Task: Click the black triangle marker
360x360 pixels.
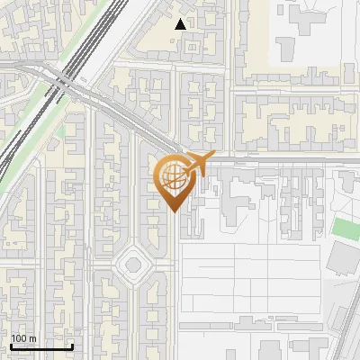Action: pyautogui.click(x=181, y=24)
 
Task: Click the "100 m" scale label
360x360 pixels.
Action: pyautogui.click(x=23, y=338)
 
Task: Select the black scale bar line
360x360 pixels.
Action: pyautogui.click(x=41, y=346)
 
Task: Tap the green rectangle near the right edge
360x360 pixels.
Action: pyautogui.click(x=346, y=228)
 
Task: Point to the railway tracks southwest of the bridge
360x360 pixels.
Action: pyautogui.click(x=22, y=144)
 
